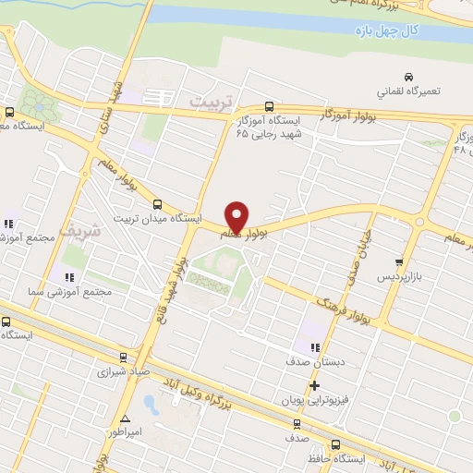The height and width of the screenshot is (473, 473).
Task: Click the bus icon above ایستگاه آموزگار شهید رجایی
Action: click(x=269, y=106)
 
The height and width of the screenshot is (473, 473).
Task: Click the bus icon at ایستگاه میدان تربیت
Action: click(x=157, y=204)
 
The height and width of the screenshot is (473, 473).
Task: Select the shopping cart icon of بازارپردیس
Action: click(x=398, y=262)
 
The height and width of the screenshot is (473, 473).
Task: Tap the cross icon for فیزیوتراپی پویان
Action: click(x=314, y=385)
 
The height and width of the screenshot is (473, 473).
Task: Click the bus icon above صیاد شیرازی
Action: click(x=122, y=358)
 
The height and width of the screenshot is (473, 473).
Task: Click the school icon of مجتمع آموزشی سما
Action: click(x=67, y=277)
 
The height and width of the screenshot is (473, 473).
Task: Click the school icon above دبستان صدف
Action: click(x=315, y=347)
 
